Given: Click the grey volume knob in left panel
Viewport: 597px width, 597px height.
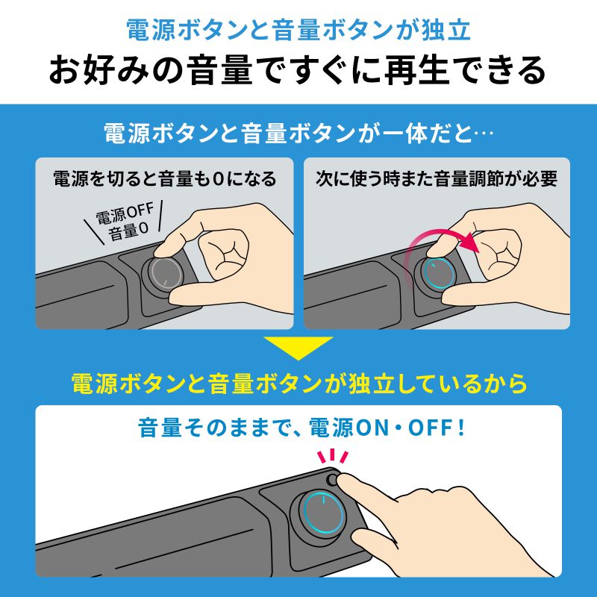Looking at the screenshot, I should [x=163, y=272].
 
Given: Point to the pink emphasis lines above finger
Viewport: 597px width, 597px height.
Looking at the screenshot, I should [x=334, y=456].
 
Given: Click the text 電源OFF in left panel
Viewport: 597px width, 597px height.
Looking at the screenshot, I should [x=124, y=216].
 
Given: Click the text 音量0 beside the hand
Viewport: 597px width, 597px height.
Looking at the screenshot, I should [x=128, y=233].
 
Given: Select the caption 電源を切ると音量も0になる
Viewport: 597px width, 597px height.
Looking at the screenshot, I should [x=164, y=179].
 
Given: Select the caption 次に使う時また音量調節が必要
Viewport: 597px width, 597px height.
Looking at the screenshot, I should [x=437, y=179].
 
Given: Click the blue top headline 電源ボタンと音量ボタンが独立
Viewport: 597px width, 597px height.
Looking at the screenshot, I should [x=298, y=31].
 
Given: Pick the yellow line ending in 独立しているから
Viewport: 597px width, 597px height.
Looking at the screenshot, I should [x=298, y=384].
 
